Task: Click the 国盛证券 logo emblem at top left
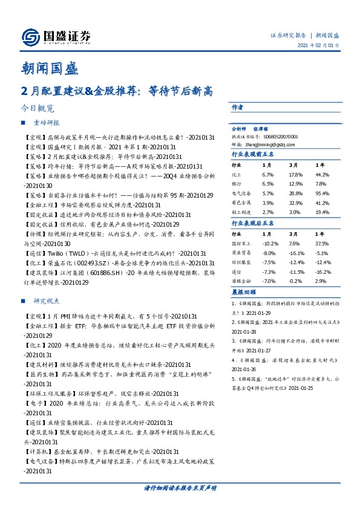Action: point(30,37)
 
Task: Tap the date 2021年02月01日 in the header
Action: point(322,45)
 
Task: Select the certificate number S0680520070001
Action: point(283,137)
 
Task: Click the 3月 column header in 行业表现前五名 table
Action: point(293,164)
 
